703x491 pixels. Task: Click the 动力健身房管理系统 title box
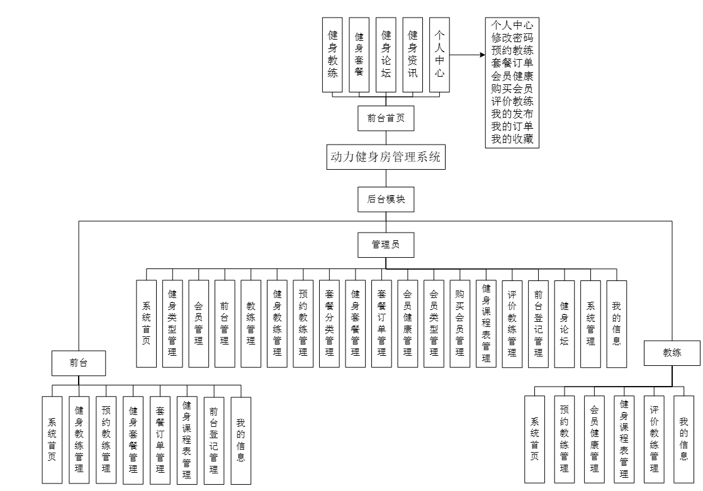[x=387, y=158]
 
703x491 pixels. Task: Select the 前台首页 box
[x=386, y=118]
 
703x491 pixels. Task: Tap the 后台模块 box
[x=386, y=199]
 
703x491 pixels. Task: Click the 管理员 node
[x=386, y=245]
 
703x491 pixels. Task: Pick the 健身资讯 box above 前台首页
[x=412, y=55]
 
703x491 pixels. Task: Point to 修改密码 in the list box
[x=513, y=38]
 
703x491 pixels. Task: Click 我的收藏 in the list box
[x=513, y=140]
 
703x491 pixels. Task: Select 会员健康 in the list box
[x=513, y=75]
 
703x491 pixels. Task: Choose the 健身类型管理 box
[x=172, y=323]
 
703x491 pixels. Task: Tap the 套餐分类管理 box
[x=329, y=323]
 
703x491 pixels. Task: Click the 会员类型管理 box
[x=434, y=323]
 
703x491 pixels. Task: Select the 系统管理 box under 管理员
[x=590, y=323]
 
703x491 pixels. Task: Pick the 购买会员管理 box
[x=460, y=323]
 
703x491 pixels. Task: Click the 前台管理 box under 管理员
[x=225, y=323]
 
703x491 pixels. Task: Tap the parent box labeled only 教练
[x=672, y=353]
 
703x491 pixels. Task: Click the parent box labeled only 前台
[x=79, y=363]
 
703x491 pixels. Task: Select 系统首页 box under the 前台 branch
[x=52, y=440]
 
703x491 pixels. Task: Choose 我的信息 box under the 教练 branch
[x=683, y=438]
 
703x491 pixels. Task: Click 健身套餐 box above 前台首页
[x=359, y=55]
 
